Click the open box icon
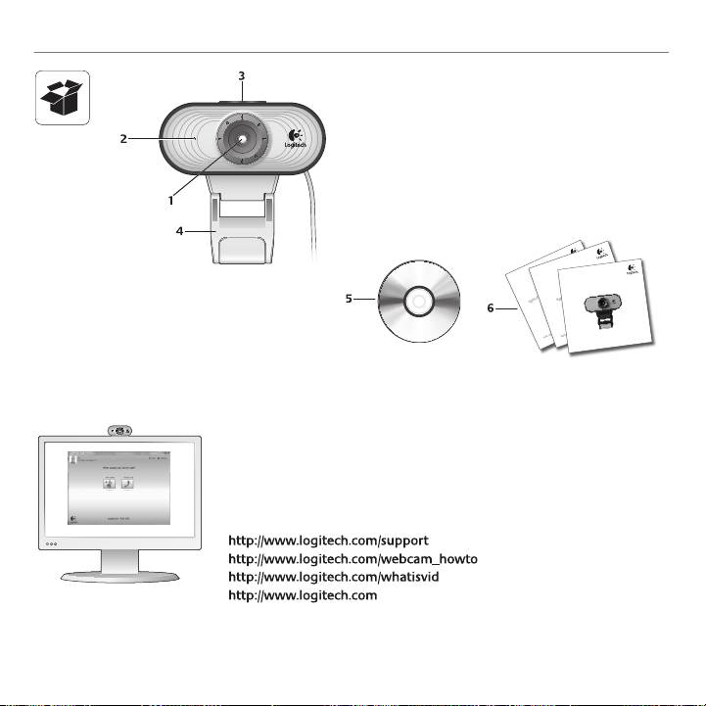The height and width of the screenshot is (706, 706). [x=62, y=98]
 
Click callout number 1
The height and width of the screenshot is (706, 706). [x=171, y=201]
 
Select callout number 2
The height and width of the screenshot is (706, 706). [x=124, y=139]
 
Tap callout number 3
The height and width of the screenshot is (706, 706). [x=241, y=75]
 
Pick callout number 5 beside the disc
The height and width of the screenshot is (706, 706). [x=350, y=299]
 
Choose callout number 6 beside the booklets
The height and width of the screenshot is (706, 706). [x=490, y=308]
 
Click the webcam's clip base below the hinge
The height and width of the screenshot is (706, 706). [x=241, y=251]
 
